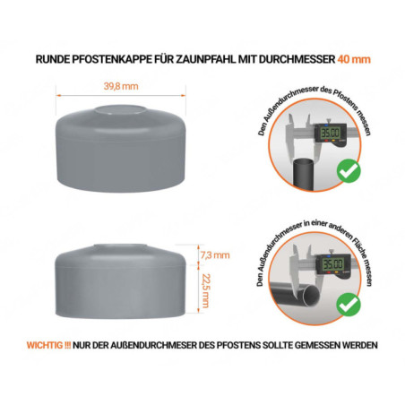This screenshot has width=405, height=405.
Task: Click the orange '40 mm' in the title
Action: (x=356, y=59)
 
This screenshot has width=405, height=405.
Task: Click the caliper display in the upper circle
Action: (x=331, y=132)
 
